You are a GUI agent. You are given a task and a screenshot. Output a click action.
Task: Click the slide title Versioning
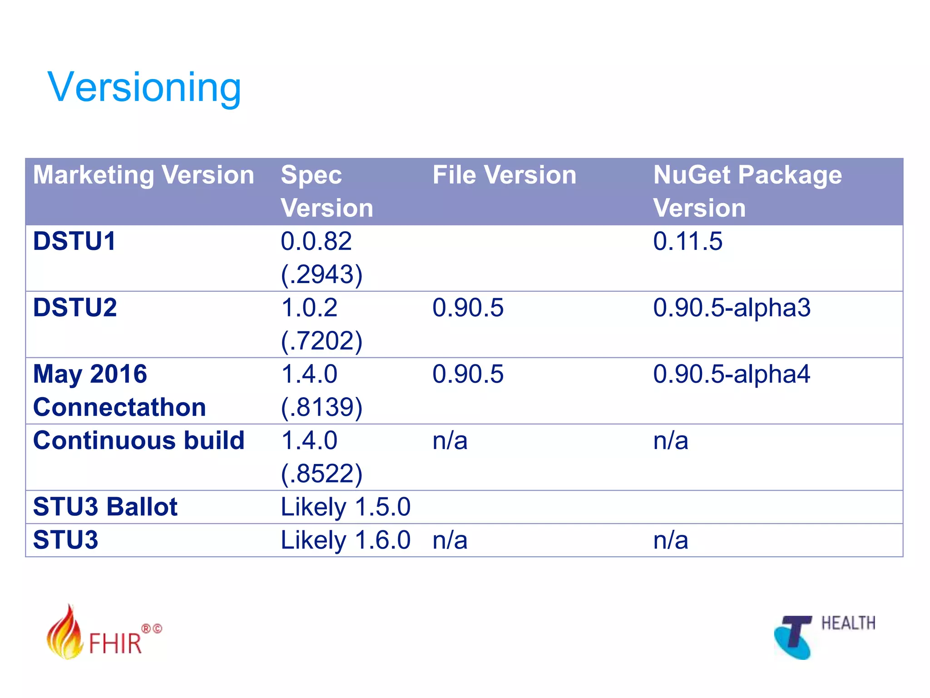click(144, 87)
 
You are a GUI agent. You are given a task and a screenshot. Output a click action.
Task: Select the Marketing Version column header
click(143, 175)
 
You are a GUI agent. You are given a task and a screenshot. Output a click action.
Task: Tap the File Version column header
click(504, 175)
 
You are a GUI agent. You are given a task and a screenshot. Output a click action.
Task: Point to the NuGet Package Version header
click(747, 191)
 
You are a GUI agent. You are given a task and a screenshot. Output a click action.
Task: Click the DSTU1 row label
click(74, 241)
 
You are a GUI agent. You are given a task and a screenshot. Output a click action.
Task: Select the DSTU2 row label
click(75, 308)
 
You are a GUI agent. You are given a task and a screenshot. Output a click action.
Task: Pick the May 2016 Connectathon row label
click(119, 390)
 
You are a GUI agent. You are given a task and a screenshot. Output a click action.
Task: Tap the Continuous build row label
click(139, 440)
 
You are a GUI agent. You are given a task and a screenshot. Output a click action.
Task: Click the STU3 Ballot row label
click(105, 507)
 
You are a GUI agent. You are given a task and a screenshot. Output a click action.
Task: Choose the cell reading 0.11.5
click(687, 241)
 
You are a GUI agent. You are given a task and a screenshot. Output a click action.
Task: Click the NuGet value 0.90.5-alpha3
click(732, 308)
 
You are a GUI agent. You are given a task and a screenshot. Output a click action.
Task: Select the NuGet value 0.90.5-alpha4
click(732, 374)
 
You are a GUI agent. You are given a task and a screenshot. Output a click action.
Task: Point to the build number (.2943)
click(322, 274)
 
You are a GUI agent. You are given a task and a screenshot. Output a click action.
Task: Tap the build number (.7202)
click(322, 341)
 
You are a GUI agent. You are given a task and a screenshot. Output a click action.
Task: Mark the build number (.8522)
click(322, 474)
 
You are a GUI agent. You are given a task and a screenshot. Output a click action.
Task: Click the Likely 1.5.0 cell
click(346, 507)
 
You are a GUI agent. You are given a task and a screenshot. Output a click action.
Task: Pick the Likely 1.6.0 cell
click(346, 540)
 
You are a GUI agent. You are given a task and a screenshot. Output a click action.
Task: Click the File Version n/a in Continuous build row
click(450, 440)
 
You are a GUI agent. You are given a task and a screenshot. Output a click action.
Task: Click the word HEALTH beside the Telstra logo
click(848, 623)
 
